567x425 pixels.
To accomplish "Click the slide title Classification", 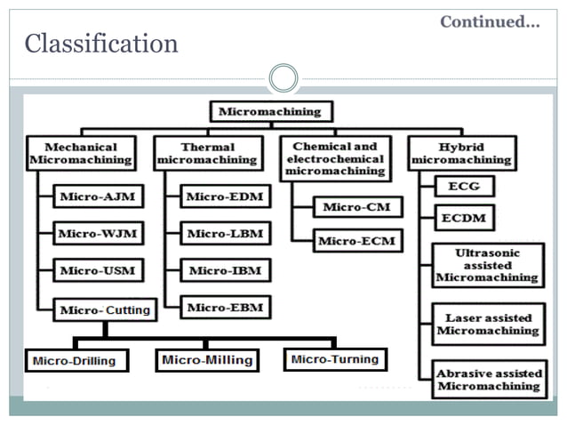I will pyautogui.click(x=100, y=43).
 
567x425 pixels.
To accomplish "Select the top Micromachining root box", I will pyautogui.click(x=271, y=112).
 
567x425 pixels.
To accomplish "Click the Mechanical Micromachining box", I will pyautogui.click(x=81, y=153).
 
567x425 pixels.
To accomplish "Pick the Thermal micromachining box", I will pyautogui.click(x=208, y=153).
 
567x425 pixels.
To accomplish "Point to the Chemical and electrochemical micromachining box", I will pyautogui.click(x=335, y=159).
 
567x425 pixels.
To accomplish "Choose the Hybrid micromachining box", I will pyautogui.click(x=462, y=153).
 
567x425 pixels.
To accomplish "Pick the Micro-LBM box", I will pyautogui.click(x=225, y=233).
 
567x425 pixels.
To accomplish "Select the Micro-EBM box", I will pyautogui.click(x=225, y=308).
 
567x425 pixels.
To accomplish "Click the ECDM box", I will pyautogui.click(x=462, y=217).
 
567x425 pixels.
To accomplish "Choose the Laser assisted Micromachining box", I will pyautogui.click(x=488, y=324).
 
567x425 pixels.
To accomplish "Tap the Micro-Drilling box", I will pyautogui.click(x=76, y=361).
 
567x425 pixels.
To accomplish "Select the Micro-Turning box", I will pyautogui.click(x=335, y=360).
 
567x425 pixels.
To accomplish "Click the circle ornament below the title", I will pyautogui.click(x=283, y=77).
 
